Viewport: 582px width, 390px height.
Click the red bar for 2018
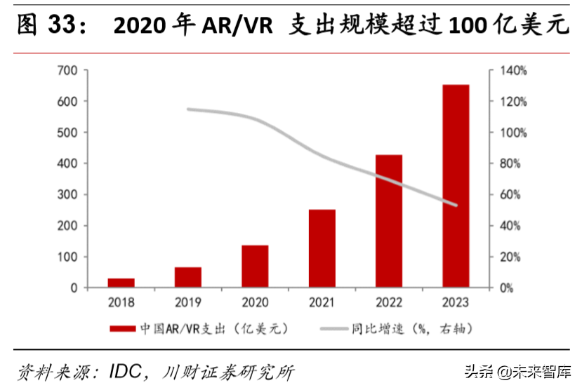[121, 283]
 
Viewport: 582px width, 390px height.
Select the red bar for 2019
[187, 277]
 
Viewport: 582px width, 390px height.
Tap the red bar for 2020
[255, 267]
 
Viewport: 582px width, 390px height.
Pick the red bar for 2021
[322, 248]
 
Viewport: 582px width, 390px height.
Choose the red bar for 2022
[388, 221]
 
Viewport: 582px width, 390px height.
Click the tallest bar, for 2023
[455, 186]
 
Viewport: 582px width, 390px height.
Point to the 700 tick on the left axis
[67, 70]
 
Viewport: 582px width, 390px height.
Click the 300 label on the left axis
[67, 194]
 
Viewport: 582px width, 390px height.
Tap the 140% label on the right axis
[512, 70]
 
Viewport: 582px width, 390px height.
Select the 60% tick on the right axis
[510, 194]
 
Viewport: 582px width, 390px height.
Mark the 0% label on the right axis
[507, 288]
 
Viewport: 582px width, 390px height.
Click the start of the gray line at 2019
[187, 109]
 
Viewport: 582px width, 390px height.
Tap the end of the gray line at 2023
[456, 206]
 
